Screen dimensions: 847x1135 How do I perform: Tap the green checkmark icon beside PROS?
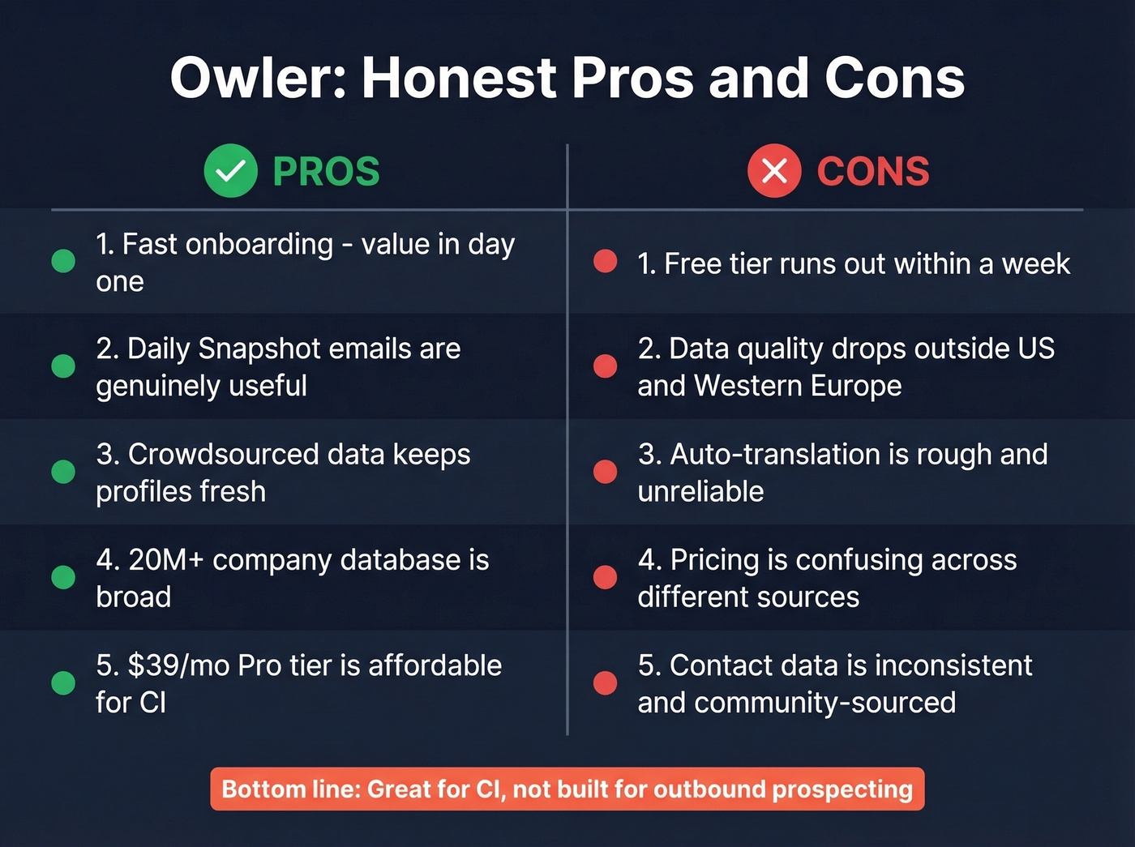coord(231,171)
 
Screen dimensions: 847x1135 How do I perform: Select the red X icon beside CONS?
coord(774,171)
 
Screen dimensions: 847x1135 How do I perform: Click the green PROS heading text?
coord(326,172)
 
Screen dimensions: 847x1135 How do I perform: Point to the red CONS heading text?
coord(873,172)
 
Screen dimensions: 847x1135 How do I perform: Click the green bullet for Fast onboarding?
coord(63,261)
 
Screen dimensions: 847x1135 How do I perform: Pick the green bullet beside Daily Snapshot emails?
coord(63,366)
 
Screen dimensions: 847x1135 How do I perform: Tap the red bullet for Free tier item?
coord(605,261)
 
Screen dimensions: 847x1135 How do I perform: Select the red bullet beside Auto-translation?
coord(605,472)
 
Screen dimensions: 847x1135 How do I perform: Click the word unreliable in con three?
coord(700,492)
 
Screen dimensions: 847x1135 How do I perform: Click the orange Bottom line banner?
coord(567,789)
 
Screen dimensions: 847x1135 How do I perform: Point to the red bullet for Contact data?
coord(605,683)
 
